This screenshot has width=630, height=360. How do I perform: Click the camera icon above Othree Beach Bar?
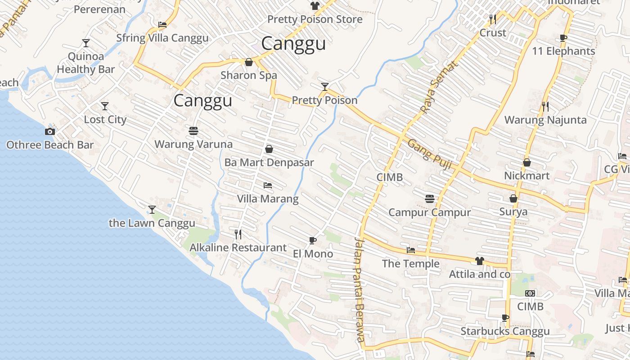point(50,131)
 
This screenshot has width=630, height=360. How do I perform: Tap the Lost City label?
point(105,120)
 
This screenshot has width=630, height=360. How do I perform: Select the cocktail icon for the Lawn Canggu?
point(152,210)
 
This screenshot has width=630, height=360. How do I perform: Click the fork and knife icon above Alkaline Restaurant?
point(238,234)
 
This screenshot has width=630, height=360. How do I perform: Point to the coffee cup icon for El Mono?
point(313,240)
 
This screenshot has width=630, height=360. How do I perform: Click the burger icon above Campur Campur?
point(430,198)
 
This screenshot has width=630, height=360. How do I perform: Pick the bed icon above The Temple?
point(410,250)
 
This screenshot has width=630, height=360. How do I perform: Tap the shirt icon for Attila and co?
point(480,261)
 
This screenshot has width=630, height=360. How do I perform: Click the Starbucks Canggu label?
point(505,332)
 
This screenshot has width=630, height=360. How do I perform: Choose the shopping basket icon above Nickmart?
point(527,162)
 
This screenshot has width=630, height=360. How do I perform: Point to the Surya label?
point(513,212)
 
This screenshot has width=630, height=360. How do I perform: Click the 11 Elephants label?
point(563,51)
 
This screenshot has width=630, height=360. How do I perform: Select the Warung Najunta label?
point(545,120)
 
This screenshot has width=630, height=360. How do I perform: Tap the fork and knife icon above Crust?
point(493,19)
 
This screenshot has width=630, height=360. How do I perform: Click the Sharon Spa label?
point(249,75)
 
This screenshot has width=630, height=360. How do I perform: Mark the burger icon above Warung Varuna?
point(193,131)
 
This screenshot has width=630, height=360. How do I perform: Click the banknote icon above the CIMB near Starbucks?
point(531,293)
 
